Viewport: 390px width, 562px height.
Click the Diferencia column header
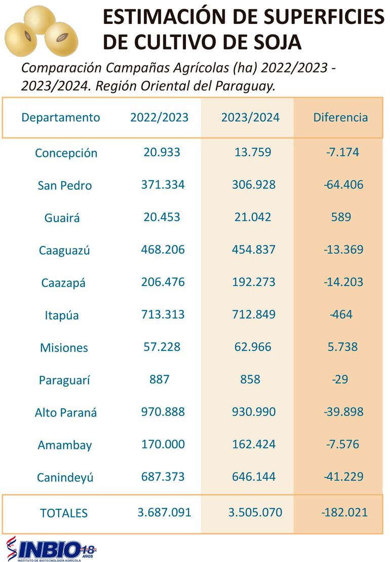pyautogui.click(x=340, y=117)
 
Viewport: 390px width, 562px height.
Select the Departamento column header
pyautogui.click(x=61, y=117)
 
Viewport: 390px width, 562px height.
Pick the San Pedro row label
pyautogui.click(x=65, y=186)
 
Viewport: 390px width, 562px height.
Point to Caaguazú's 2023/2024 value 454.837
pyautogui.click(x=254, y=250)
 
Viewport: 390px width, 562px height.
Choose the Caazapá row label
pyautogui.click(x=63, y=283)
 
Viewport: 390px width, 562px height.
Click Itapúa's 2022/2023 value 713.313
pyautogui.click(x=163, y=314)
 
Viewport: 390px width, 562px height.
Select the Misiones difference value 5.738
pyautogui.click(x=342, y=347)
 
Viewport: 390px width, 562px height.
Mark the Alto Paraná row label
pyautogui.click(x=66, y=412)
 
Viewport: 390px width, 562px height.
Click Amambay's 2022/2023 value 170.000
pyautogui.click(x=163, y=444)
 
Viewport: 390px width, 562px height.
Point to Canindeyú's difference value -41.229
pyautogui.click(x=343, y=477)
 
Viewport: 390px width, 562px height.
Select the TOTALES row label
pyautogui.click(x=64, y=513)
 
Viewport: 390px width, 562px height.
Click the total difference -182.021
pyautogui.click(x=344, y=512)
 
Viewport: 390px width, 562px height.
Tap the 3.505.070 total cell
pyautogui.click(x=255, y=512)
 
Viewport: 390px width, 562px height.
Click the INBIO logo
pyautogui.click(x=51, y=549)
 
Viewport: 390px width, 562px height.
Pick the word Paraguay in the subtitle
pyautogui.click(x=249, y=86)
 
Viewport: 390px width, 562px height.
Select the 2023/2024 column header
pyautogui.click(x=250, y=117)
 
